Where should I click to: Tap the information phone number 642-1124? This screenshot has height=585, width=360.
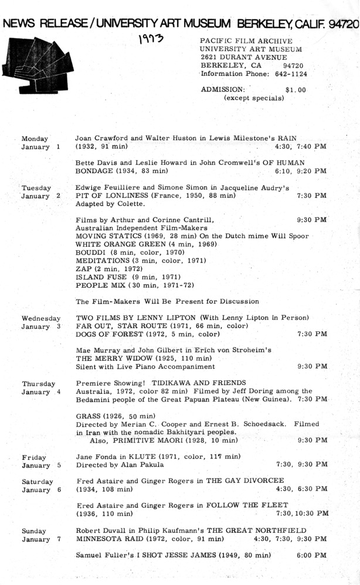[x=287, y=74]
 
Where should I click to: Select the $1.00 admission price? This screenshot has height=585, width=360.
[x=296, y=90]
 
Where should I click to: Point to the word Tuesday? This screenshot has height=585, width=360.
[x=36, y=188]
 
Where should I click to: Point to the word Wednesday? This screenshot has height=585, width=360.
[x=41, y=318]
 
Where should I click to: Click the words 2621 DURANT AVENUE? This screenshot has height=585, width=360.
[x=243, y=57]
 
